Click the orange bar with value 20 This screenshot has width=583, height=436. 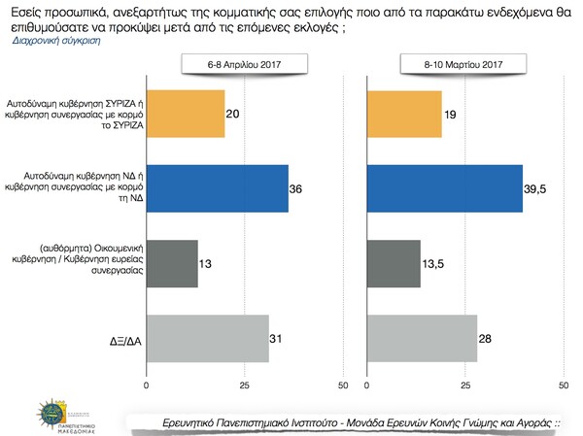coord(186,113)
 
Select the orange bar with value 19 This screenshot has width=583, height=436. coord(404,113)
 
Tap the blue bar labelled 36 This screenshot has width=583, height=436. coord(217,188)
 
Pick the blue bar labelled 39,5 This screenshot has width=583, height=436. coord(445,188)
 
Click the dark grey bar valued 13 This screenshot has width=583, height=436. coord(172,263)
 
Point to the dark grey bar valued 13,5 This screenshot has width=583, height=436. coord(394,263)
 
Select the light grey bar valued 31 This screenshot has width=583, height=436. coord(207,338)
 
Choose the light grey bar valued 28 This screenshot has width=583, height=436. coord(422,338)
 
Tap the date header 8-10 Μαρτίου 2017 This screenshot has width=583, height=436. coord(459,64)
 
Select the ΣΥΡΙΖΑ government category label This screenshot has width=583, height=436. coord(86,113)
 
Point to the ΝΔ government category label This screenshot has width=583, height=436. coord(86,187)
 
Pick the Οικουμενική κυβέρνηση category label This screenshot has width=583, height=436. coord(86,263)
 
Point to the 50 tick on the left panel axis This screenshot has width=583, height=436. coord(341,386)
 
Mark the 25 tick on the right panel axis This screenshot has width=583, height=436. coord(464,386)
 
